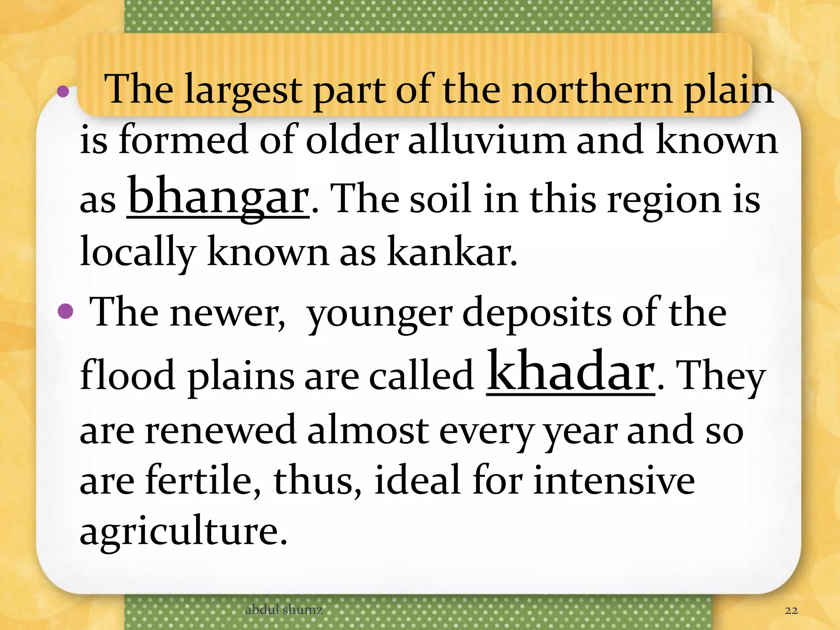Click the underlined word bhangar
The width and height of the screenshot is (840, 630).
(218, 197)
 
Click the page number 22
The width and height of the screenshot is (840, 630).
(791, 610)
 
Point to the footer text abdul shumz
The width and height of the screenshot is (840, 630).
(283, 609)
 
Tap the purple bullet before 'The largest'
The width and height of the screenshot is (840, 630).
(63, 91)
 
